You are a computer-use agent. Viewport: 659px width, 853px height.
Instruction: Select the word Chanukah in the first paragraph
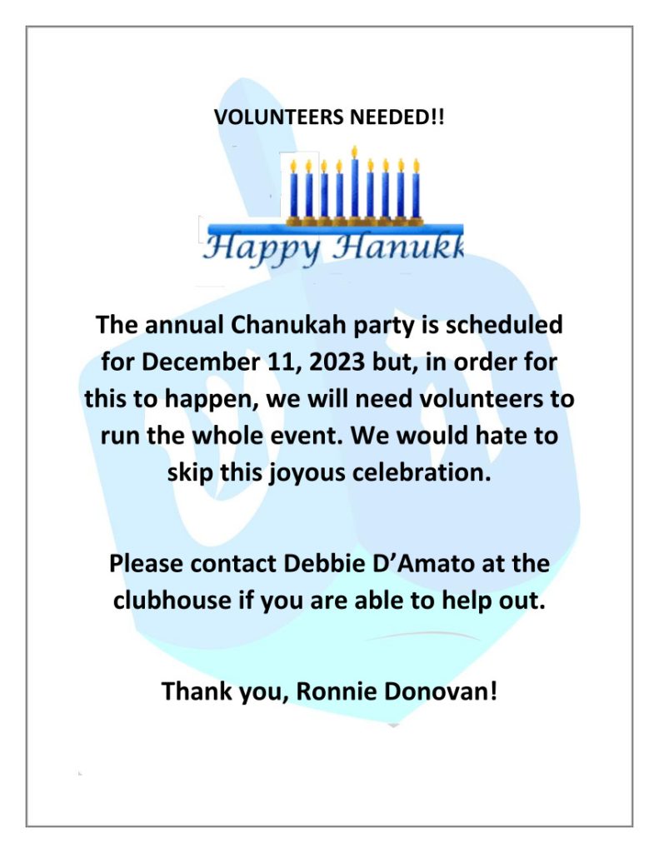coord(269,324)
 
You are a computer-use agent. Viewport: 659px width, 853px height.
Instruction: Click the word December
coord(196,362)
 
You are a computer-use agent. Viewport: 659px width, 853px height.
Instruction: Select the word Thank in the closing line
coord(195,691)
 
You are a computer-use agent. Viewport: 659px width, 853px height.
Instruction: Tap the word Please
coord(147,564)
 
